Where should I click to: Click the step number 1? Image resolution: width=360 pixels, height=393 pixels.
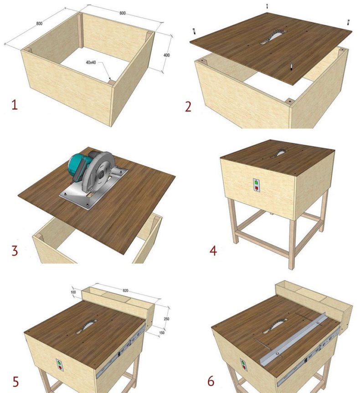(x=15, y=105)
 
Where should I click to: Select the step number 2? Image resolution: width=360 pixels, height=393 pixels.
(x=188, y=107)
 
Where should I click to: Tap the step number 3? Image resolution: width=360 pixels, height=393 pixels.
(x=15, y=250)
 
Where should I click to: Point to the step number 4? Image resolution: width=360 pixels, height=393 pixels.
(x=213, y=250)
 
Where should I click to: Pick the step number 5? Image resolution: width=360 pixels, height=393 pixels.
(x=15, y=382)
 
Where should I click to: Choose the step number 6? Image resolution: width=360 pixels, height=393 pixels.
(x=211, y=381)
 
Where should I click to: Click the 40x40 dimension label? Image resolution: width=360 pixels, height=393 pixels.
(x=91, y=62)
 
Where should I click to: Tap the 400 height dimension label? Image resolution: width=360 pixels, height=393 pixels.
(x=167, y=55)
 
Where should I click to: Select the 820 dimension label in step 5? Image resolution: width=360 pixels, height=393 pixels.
(x=125, y=291)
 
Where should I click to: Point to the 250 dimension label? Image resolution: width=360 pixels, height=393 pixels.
(x=166, y=319)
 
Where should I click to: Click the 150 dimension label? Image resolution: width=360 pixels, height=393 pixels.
(x=162, y=332)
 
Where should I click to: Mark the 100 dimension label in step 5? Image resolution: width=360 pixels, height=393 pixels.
(x=73, y=292)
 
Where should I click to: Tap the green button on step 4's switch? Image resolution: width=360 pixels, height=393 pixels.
(x=256, y=183)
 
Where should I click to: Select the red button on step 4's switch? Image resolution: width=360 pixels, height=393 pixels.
(x=257, y=188)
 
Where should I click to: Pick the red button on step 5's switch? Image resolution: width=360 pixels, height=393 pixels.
(x=60, y=367)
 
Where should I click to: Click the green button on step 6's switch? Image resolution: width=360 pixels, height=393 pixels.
(x=242, y=362)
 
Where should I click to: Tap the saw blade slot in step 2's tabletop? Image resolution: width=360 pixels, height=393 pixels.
(x=274, y=37)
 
